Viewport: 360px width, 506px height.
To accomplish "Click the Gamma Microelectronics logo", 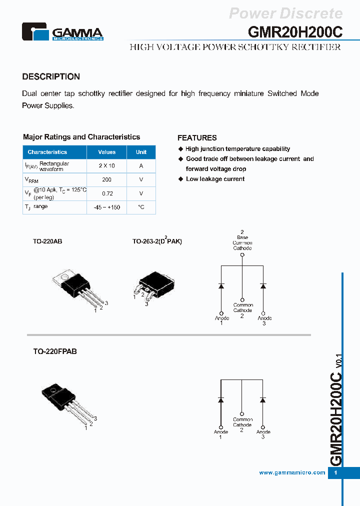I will tap(62, 32).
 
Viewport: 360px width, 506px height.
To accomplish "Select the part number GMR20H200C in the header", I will tap(295, 31).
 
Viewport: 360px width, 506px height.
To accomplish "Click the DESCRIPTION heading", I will tap(51, 76).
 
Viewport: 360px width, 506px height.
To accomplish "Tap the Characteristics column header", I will tap(47, 152).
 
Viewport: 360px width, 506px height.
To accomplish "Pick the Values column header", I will tap(107, 152).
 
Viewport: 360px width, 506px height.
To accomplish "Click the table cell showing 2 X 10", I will tap(107, 166).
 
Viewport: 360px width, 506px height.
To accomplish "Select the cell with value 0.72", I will tap(107, 193).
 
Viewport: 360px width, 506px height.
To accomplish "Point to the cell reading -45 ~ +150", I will tap(107, 207).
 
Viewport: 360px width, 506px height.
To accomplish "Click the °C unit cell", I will tap(141, 207).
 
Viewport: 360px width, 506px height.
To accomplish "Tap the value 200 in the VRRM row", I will tap(107, 179).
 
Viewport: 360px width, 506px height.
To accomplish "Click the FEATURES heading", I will tap(197, 138).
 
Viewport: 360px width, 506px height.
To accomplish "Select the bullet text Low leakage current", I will tap(215, 179).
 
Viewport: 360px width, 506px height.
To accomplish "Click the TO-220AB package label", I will tap(47, 241).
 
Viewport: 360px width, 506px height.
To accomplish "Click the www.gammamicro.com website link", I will tap(292, 472).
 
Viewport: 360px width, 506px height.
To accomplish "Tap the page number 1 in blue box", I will tap(336, 472).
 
